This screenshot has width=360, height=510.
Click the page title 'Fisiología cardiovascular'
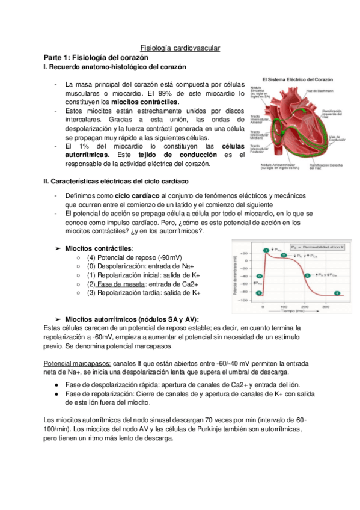(180, 47)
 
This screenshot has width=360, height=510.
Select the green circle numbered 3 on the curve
(307, 275)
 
